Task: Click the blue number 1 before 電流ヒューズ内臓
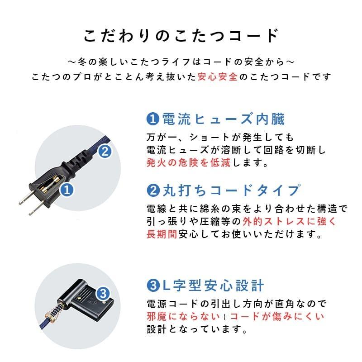click(x=152, y=119)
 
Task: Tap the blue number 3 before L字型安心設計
click(x=152, y=286)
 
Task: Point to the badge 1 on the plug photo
click(x=67, y=190)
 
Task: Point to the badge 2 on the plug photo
click(x=104, y=152)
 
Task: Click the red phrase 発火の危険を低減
click(x=189, y=162)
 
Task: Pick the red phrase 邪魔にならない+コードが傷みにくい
click(x=235, y=316)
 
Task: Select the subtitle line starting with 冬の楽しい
click(x=181, y=61)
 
